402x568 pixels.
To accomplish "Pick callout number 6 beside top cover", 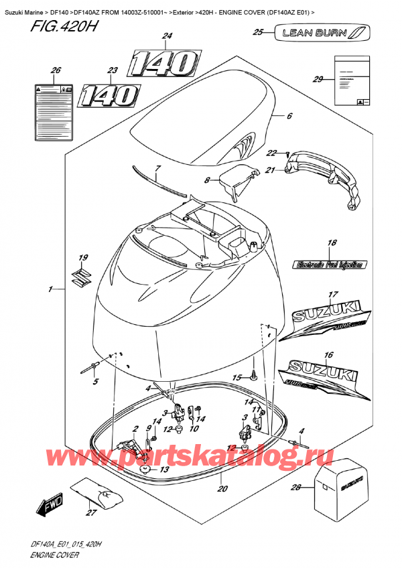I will pos(289,116).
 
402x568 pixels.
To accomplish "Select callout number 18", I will pos(331,244).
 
